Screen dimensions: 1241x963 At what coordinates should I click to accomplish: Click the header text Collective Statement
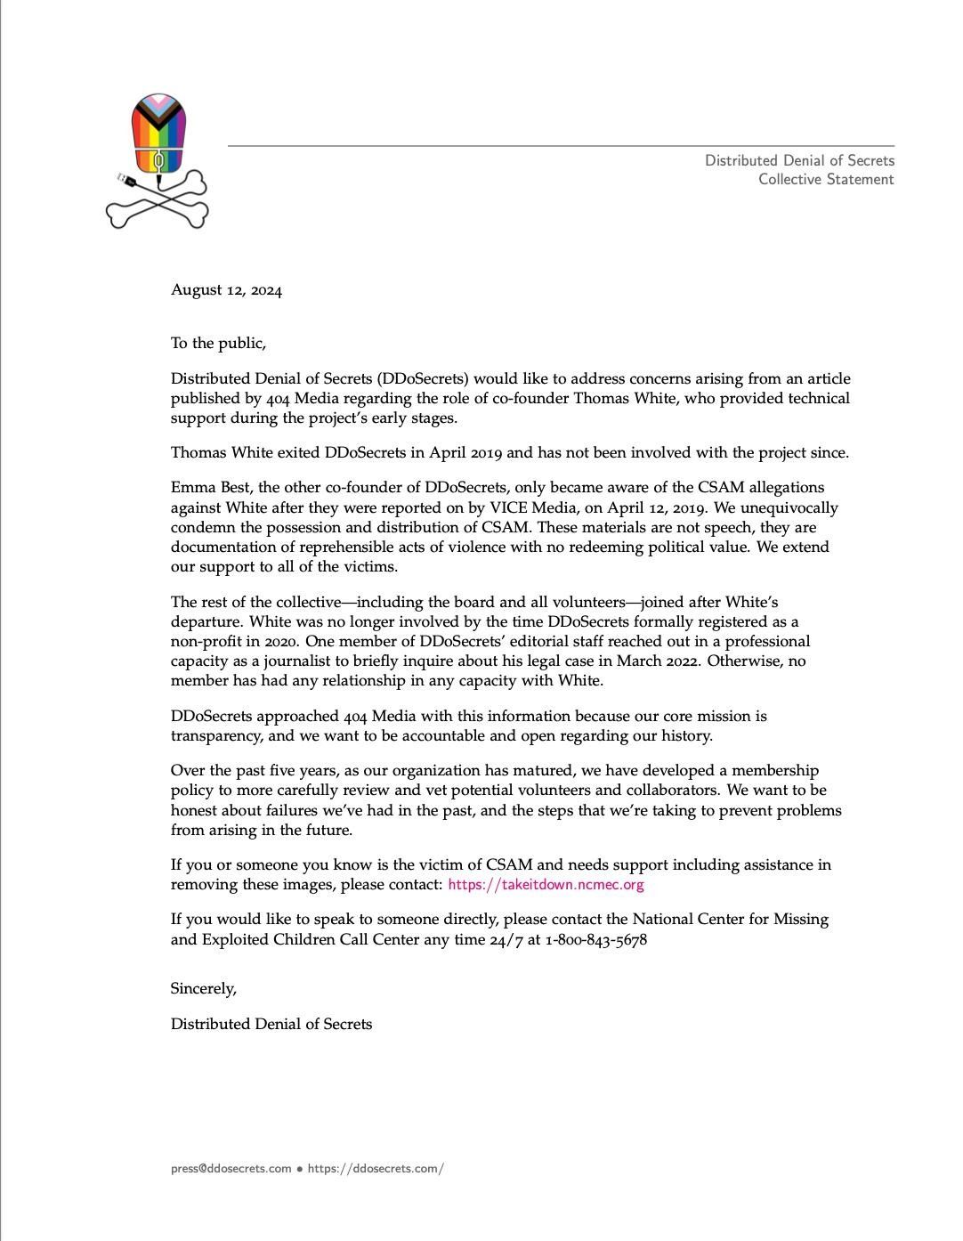tap(826, 180)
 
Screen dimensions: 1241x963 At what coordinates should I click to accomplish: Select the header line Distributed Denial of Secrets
tap(799, 160)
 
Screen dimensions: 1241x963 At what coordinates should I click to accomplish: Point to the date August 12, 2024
tap(226, 290)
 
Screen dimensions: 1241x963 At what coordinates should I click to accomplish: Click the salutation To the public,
tap(218, 344)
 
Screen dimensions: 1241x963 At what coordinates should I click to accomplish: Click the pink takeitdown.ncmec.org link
tap(546, 885)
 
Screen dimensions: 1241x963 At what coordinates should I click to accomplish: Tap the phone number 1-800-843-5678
tap(595, 940)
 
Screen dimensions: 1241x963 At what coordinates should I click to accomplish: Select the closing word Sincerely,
tap(204, 988)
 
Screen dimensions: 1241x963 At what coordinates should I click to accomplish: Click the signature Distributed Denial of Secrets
tap(271, 1025)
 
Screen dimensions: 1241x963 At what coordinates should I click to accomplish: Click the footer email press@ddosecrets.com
tap(231, 1169)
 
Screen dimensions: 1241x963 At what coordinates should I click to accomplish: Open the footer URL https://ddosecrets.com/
tap(376, 1169)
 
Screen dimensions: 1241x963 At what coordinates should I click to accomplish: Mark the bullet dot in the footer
tap(300, 1169)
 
